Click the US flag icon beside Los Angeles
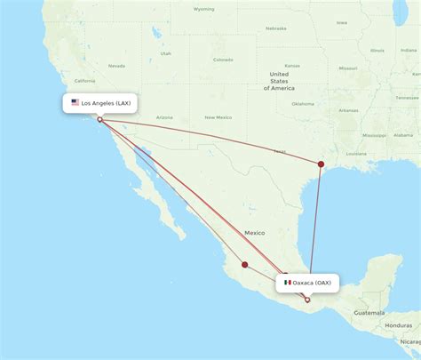pos(75,103)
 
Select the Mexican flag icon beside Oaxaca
pos(287,283)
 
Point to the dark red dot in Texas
pos(321,163)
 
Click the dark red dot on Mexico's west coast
pos(245,264)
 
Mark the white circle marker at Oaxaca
pos(307,300)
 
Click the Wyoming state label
pos(204,9)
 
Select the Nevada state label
pos(116,66)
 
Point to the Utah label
pos(165,53)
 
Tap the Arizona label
pos(164,117)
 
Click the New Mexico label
pos(218,117)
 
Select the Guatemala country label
pos(367,313)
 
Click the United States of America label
pos(282,81)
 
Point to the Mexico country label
pos(255,232)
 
